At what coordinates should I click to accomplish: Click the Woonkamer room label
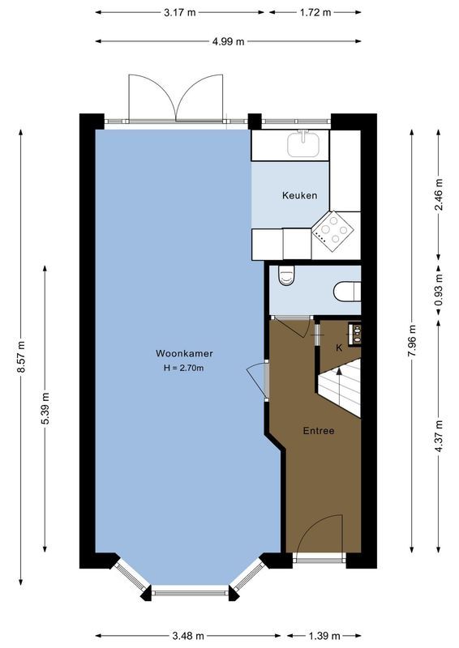click(x=180, y=353)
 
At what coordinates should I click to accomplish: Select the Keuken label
click(x=299, y=195)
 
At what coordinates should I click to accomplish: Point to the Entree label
click(x=319, y=430)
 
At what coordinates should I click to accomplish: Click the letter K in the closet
click(x=339, y=347)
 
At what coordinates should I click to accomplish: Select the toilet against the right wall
click(x=347, y=290)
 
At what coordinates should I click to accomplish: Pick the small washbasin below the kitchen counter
click(x=285, y=277)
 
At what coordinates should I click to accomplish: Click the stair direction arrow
click(x=338, y=374)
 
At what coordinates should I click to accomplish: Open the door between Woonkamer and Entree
click(x=256, y=380)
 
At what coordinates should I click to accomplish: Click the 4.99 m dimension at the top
click(x=229, y=42)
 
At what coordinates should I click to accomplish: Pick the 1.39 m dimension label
click(x=324, y=635)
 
